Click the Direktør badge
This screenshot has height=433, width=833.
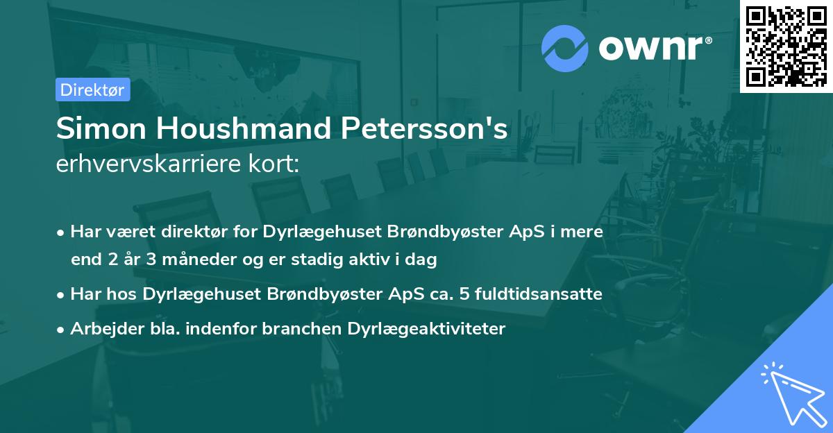pyautogui.click(x=92, y=90)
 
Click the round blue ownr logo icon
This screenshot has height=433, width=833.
pyautogui.click(x=564, y=49)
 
